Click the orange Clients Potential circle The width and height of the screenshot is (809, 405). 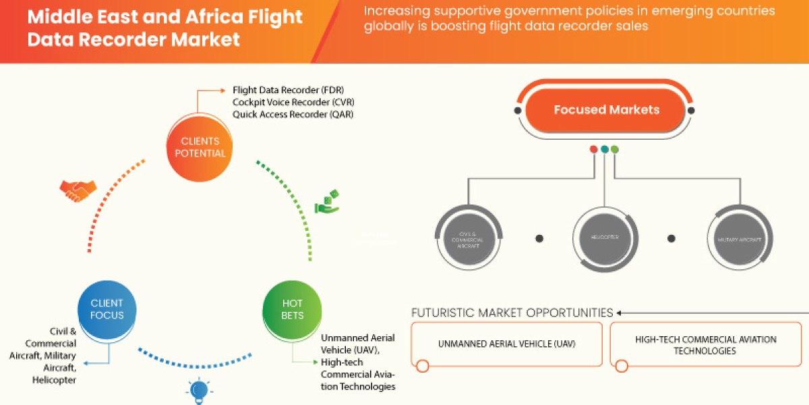200,147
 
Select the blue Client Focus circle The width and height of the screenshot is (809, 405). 107,309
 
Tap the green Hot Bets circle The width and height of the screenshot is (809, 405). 293,309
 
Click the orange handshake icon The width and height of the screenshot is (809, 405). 75,192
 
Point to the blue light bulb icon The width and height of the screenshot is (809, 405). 199,390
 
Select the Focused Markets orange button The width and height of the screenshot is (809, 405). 606,109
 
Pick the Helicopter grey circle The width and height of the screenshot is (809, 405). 605,238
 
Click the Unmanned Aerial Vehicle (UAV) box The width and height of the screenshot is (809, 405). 506,344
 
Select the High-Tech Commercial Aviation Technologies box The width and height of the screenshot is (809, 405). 705,344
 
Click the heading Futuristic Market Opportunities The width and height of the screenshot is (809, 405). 512,313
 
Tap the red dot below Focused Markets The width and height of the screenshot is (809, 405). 594,149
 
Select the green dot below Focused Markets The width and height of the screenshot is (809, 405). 615,149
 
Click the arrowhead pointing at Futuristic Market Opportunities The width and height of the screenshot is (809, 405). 619,313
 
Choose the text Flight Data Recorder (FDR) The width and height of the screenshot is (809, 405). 289,90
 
